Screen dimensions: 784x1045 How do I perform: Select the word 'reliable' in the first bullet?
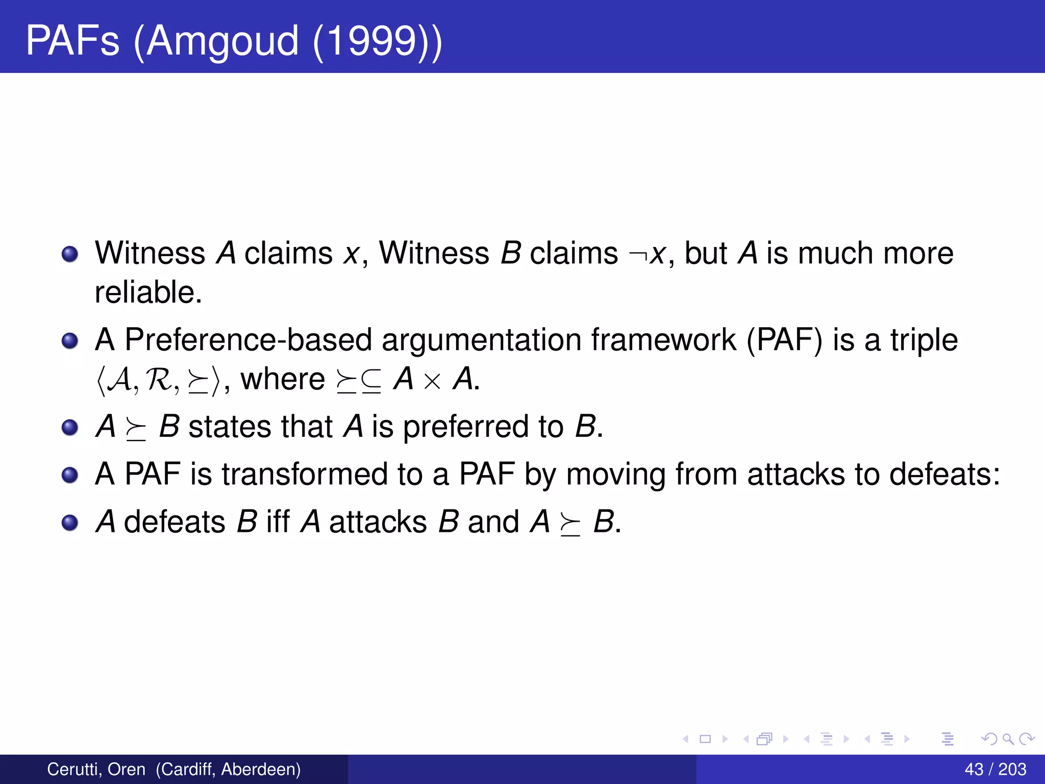[x=148, y=292]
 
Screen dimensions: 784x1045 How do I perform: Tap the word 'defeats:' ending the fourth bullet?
[x=944, y=474]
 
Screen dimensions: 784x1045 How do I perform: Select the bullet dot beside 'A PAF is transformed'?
[x=70, y=476]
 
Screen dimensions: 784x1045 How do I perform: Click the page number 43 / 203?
[x=995, y=769]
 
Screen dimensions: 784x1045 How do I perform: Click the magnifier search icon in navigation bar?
[x=1008, y=739]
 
